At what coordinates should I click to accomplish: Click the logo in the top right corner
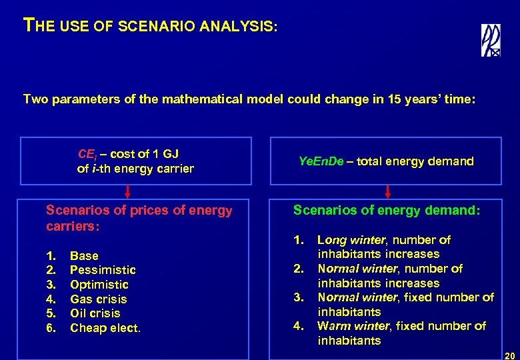click(491, 40)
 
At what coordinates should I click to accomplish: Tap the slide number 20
click(510, 355)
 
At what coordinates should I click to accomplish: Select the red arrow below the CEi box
click(128, 192)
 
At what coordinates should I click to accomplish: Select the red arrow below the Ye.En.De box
click(388, 191)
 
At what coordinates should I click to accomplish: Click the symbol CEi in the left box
click(87, 155)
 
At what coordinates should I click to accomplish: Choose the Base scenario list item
click(84, 256)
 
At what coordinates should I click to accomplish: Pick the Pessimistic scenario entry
click(103, 270)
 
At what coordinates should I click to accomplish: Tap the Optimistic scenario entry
click(99, 285)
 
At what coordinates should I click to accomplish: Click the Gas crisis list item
click(98, 299)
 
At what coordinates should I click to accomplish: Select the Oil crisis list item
click(95, 313)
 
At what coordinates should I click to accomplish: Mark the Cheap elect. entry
click(105, 328)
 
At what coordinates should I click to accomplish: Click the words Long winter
click(351, 240)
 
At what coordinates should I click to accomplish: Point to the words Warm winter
click(351, 326)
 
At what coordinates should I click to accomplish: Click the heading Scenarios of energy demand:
click(387, 211)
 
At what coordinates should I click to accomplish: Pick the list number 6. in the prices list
click(51, 328)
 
